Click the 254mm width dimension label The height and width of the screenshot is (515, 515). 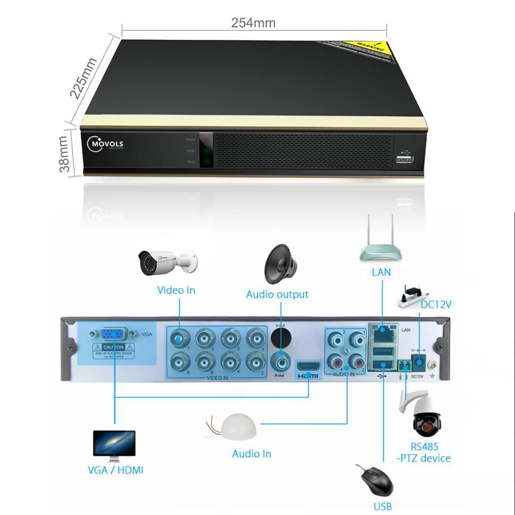tap(253, 23)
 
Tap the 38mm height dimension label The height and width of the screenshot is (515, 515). tap(64, 153)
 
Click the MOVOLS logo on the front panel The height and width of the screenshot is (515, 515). tap(106, 144)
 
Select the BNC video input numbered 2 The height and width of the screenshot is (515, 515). tap(254, 359)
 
